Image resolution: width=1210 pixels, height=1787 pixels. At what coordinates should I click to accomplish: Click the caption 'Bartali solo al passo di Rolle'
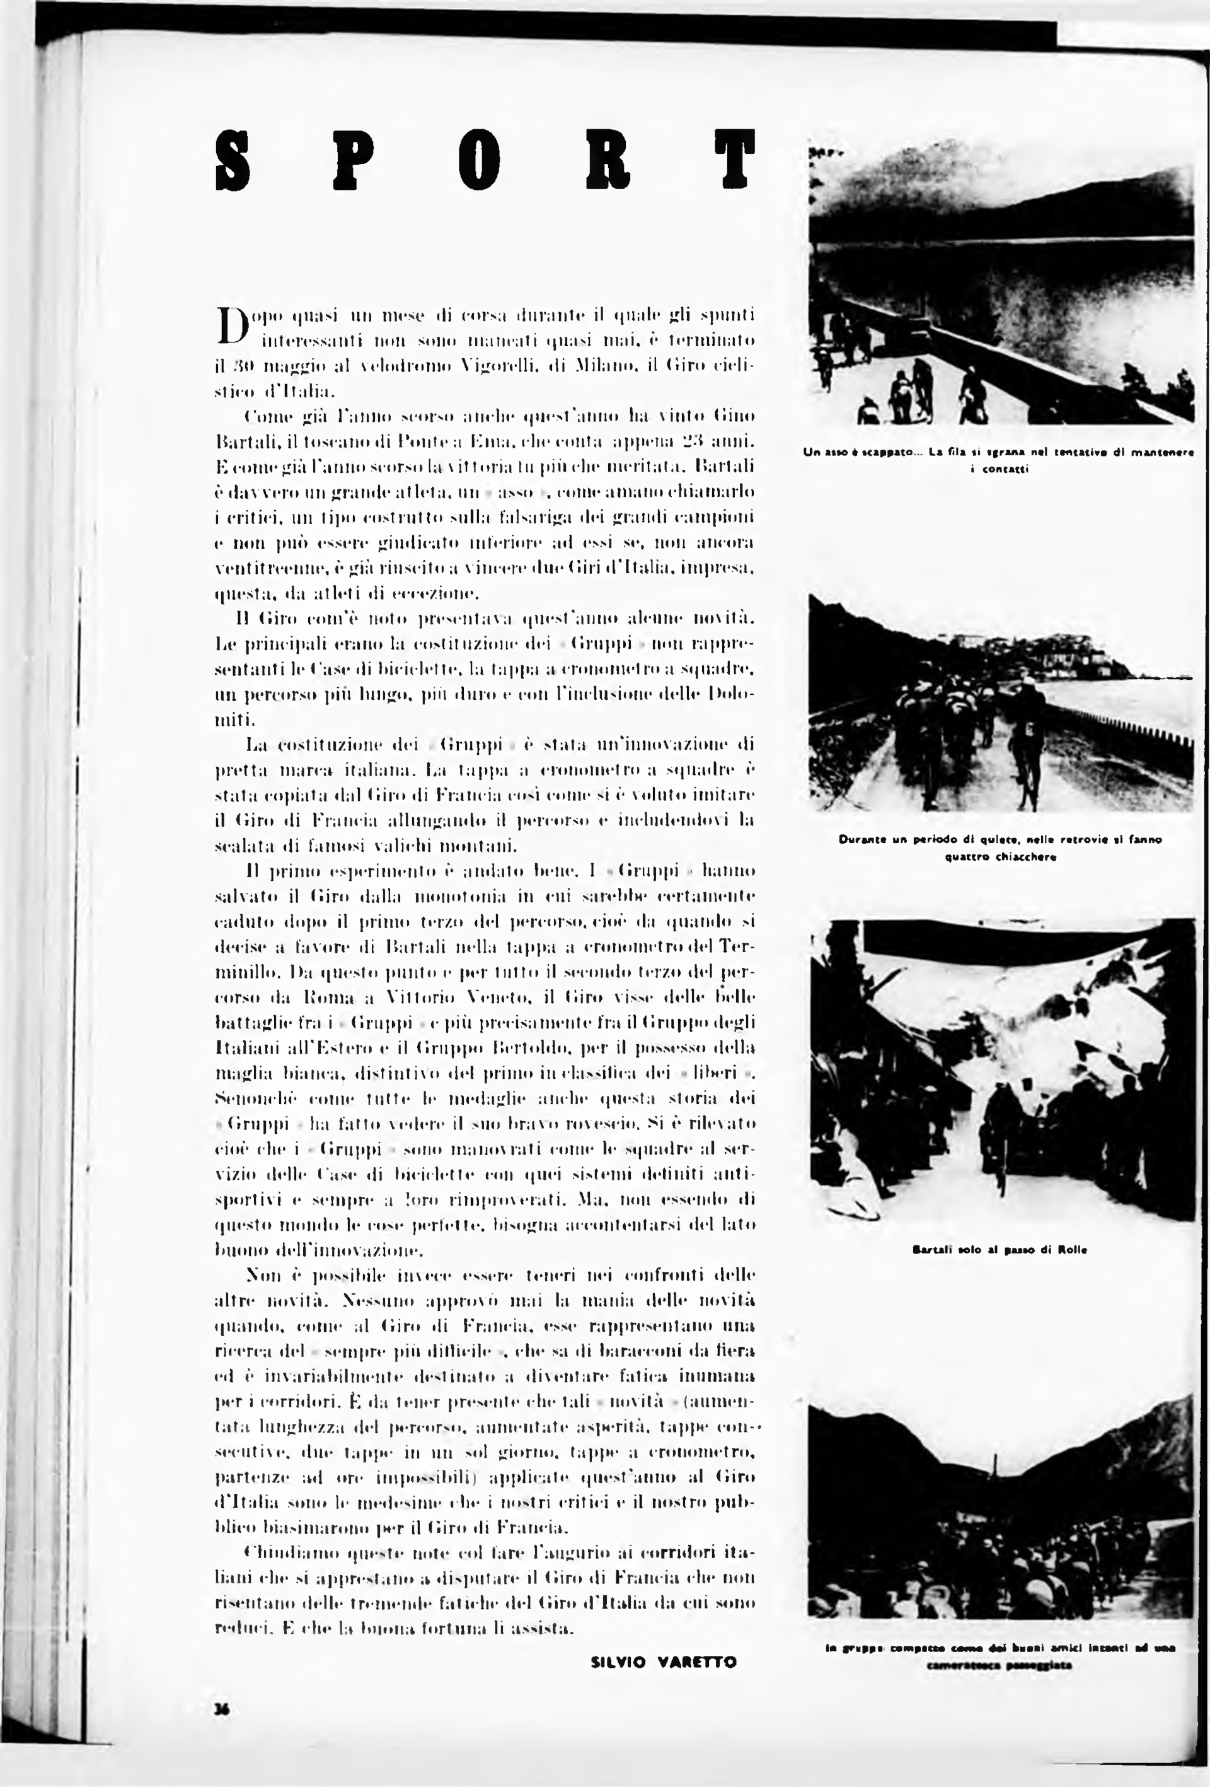pos(1000,1250)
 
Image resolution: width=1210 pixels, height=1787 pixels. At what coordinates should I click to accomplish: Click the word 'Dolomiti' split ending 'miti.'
pos(234,719)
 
